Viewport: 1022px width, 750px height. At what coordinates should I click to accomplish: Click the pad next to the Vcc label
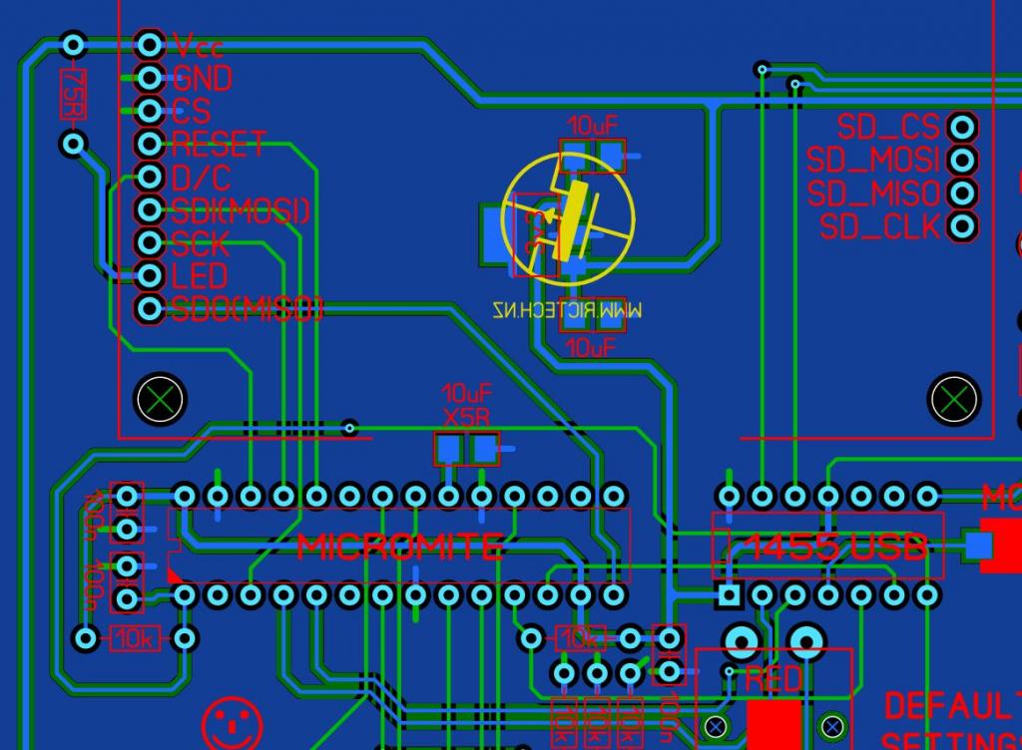pyautogui.click(x=150, y=44)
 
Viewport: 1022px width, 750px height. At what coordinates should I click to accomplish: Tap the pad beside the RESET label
pyautogui.click(x=150, y=144)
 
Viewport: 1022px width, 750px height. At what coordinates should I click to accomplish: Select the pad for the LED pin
pyautogui.click(x=150, y=274)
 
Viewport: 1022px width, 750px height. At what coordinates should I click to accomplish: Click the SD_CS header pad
pyautogui.click(x=962, y=128)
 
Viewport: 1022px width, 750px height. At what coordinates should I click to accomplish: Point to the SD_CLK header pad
pyautogui.click(x=962, y=226)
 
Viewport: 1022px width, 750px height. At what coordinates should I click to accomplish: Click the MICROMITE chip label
pyautogui.click(x=400, y=547)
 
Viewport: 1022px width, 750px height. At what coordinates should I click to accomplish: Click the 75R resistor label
pyautogui.click(x=72, y=95)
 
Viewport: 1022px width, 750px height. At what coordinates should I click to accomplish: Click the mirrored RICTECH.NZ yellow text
pyautogui.click(x=567, y=311)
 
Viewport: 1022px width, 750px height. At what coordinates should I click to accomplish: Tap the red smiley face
pyautogui.click(x=232, y=722)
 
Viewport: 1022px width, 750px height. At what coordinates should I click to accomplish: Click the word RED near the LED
pyautogui.click(x=773, y=680)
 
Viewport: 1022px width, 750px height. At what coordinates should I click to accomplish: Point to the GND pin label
pyautogui.click(x=202, y=78)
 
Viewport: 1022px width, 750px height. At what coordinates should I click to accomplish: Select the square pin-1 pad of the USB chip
pyautogui.click(x=730, y=595)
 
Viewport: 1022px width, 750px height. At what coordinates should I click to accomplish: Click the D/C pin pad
pyautogui.click(x=150, y=177)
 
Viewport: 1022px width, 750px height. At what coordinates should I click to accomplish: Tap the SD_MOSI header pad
pyautogui.click(x=962, y=160)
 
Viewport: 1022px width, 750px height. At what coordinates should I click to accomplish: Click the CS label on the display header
pyautogui.click(x=191, y=110)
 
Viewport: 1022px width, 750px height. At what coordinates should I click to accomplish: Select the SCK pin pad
pyautogui.click(x=150, y=241)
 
